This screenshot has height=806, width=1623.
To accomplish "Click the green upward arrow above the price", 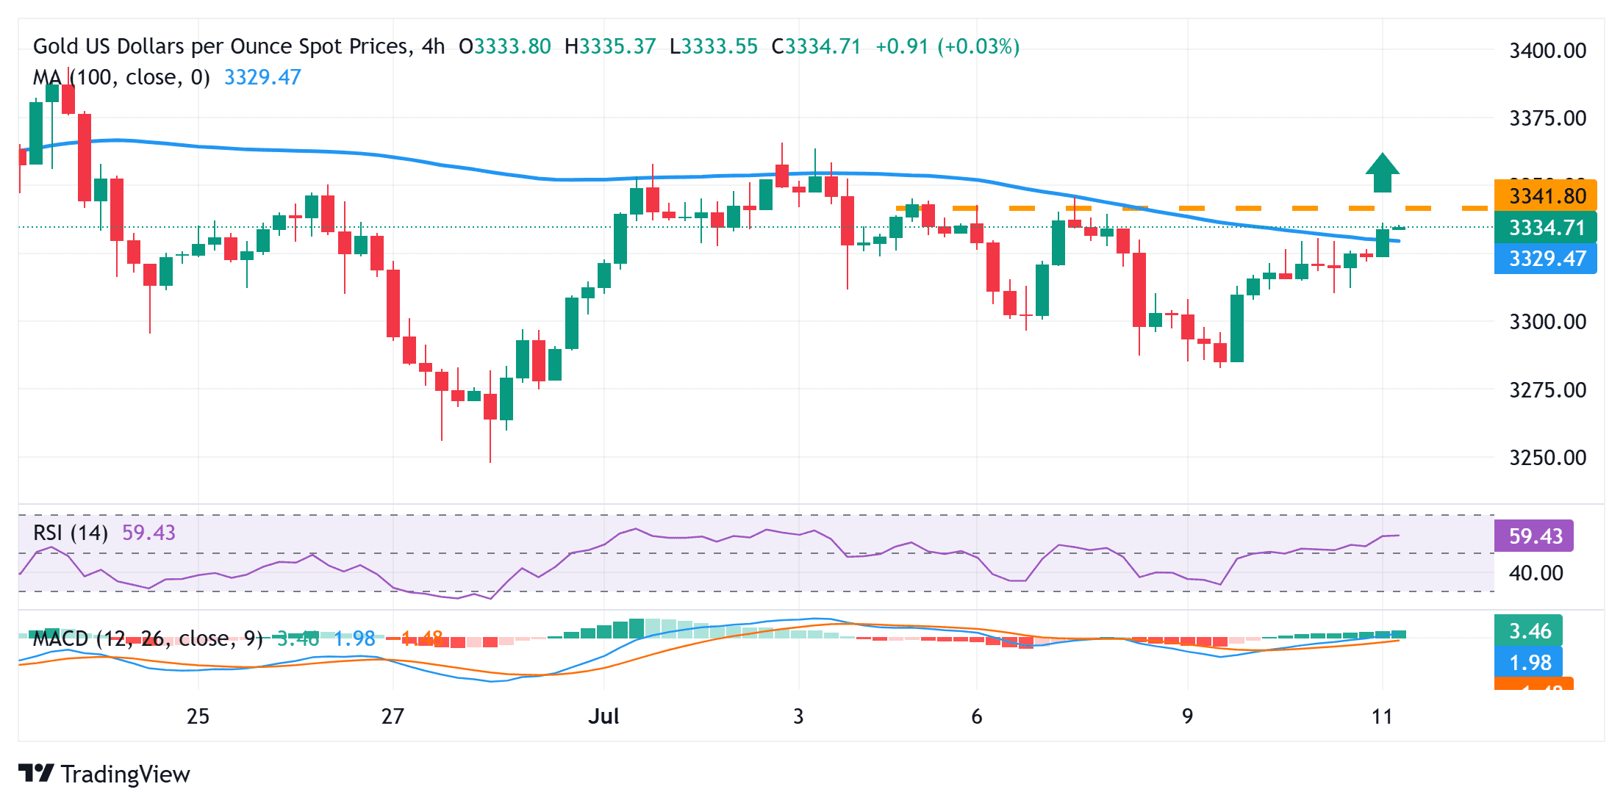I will click(1382, 173).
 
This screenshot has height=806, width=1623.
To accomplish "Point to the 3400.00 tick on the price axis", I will click(1547, 51).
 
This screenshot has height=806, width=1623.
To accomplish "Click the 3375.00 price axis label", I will click(1547, 118).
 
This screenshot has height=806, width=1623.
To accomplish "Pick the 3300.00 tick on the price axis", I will click(1547, 322).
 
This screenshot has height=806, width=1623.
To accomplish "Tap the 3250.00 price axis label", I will click(1547, 458).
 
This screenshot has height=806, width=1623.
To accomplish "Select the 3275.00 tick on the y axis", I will click(1547, 390).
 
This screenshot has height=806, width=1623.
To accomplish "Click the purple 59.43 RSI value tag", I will click(1534, 536).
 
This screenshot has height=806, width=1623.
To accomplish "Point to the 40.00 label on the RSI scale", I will click(1536, 573).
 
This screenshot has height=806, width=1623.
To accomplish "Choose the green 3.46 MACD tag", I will click(1529, 631).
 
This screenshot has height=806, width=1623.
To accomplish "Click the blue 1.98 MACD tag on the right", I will click(1529, 663).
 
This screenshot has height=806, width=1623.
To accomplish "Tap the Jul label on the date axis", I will click(603, 716).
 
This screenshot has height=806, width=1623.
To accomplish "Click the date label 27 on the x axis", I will click(393, 716).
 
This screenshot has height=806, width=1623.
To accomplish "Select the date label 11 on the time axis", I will click(1382, 716).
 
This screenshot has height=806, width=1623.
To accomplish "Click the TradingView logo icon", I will click(36, 774).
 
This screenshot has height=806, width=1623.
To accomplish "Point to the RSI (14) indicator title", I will click(71, 533).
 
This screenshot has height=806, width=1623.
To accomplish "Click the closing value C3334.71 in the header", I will click(816, 47).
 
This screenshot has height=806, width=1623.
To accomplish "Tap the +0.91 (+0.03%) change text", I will click(947, 47).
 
